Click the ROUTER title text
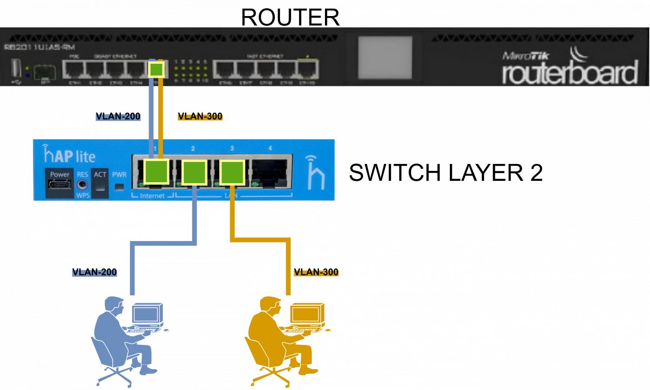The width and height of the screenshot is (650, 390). pyautogui.click(x=290, y=17)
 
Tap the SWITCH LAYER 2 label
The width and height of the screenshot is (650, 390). pyautogui.click(x=445, y=172)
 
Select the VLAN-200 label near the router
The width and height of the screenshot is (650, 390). pyautogui.click(x=118, y=116)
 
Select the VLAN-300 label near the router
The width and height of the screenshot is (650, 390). pyautogui.click(x=200, y=116)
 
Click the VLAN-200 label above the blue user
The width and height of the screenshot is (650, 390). pyautogui.click(x=94, y=272)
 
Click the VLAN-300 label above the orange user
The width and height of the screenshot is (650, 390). pyautogui.click(x=316, y=272)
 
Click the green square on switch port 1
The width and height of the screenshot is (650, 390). pyautogui.click(x=156, y=171)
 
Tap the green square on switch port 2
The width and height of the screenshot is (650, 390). pyautogui.click(x=194, y=172)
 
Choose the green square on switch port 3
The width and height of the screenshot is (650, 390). pyautogui.click(x=233, y=172)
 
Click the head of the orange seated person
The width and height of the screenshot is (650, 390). pyautogui.click(x=271, y=304)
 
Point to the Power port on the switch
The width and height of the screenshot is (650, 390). pyautogui.click(x=59, y=184)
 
